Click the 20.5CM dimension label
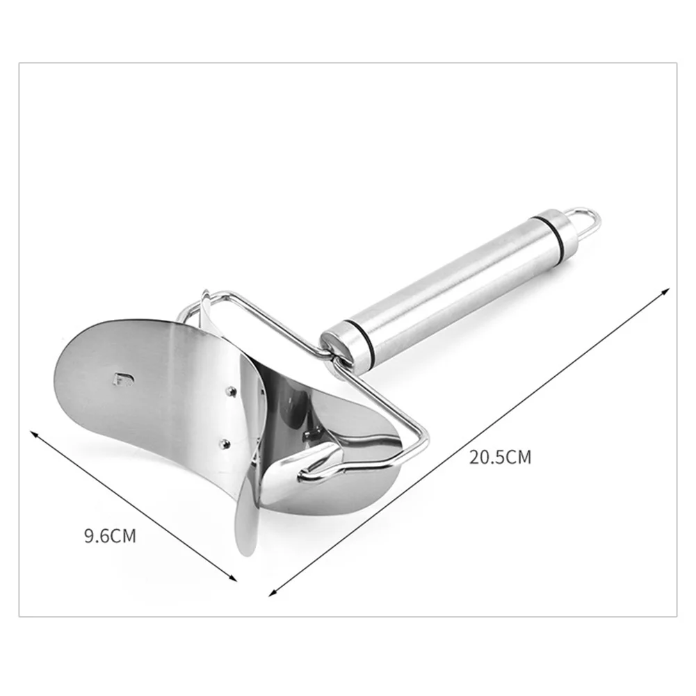click(500, 457)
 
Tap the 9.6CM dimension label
click(110, 536)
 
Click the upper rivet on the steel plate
click(230, 390)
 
